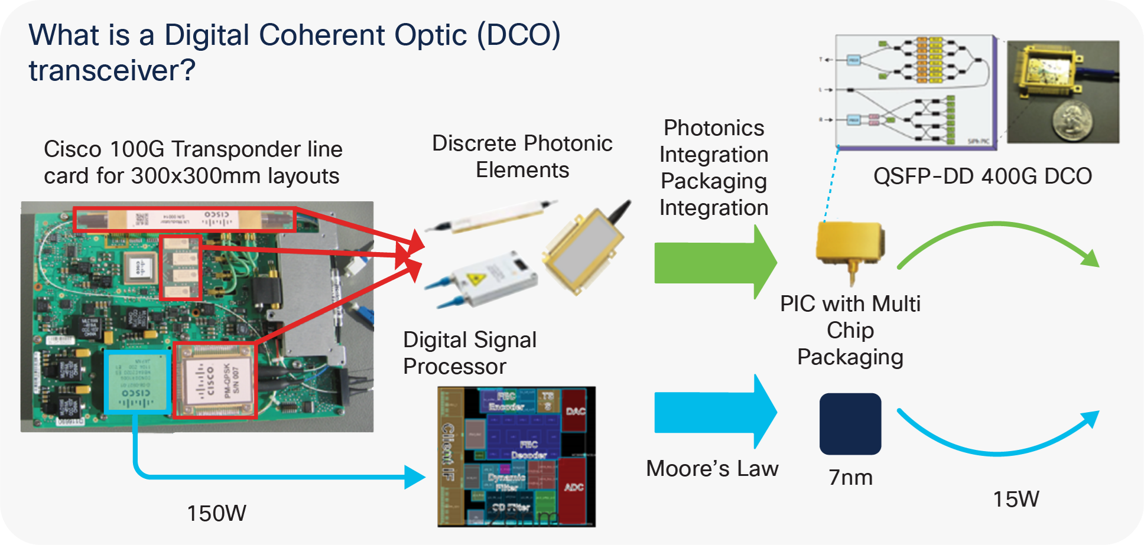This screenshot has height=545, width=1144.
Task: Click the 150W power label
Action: tap(216, 513)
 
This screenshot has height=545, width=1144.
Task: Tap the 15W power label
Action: tap(1015, 499)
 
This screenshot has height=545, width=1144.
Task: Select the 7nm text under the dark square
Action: tap(850, 477)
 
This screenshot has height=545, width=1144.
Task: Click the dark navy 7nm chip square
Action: tap(850, 424)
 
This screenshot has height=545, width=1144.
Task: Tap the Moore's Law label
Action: tap(712, 468)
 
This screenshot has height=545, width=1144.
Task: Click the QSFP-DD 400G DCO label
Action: tap(982, 176)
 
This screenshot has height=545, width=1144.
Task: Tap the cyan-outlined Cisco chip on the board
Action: tap(137, 381)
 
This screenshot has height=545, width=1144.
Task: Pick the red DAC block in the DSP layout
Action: tap(575, 410)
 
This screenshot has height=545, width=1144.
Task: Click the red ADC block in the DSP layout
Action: tap(573, 488)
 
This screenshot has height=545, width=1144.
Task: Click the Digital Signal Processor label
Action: tap(469, 353)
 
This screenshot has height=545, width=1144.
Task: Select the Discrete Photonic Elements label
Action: tap(522, 156)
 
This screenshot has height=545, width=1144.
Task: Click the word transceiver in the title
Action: tap(111, 71)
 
